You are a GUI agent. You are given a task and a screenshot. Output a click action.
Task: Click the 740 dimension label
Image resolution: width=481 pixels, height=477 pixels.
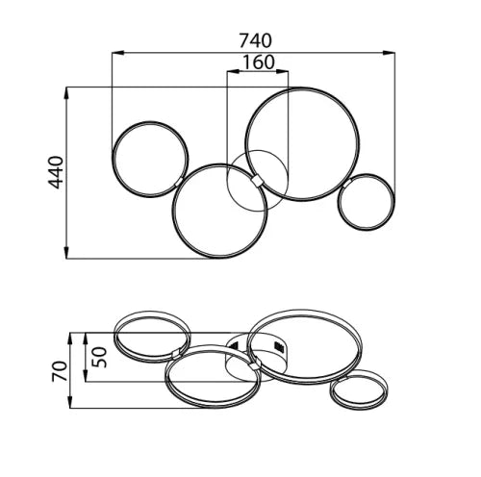tap(256, 40)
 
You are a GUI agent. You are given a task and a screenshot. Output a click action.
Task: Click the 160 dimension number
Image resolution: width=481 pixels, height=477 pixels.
tap(259, 63)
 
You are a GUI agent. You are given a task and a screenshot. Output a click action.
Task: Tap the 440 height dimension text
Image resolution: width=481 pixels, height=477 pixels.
tap(56, 172)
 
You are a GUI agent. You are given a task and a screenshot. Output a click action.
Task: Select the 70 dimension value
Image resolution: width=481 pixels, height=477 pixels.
tap(60, 371)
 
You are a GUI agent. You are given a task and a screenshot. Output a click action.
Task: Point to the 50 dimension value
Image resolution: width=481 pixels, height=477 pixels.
tap(99, 357)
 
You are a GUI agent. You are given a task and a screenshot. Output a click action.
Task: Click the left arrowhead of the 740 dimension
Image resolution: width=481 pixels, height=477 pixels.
tap(118, 52)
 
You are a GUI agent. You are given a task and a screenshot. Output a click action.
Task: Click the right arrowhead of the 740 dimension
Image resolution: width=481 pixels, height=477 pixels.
tap(389, 52)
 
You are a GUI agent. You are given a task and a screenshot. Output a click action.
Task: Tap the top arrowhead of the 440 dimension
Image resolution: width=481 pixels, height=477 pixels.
tap(66, 93)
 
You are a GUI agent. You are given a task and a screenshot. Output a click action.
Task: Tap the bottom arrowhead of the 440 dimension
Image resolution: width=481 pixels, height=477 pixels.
tap(66, 252)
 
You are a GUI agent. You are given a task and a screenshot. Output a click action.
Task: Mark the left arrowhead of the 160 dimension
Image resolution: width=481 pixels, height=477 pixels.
tap(233, 71)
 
